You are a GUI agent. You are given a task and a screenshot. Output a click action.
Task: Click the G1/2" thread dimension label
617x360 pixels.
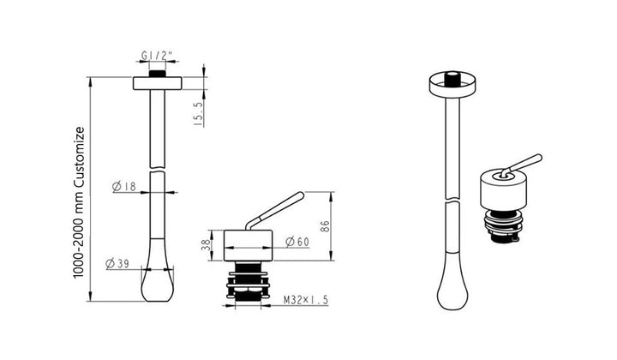[157, 56]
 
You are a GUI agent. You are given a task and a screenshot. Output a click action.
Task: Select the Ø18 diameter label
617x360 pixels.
[124, 186]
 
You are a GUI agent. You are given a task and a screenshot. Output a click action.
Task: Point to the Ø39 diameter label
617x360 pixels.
[117, 263]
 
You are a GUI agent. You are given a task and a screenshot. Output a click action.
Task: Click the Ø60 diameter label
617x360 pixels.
[297, 241]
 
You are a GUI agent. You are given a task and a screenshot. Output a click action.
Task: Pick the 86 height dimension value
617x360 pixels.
[325, 225]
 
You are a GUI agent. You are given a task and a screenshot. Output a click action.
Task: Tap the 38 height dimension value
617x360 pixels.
[206, 245]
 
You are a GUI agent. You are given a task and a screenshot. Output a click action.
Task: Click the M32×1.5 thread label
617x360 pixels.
[306, 300]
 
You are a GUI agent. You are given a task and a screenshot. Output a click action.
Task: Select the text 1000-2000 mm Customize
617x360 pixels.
[79, 202]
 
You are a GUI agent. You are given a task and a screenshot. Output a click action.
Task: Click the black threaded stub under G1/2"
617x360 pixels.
[158, 74]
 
